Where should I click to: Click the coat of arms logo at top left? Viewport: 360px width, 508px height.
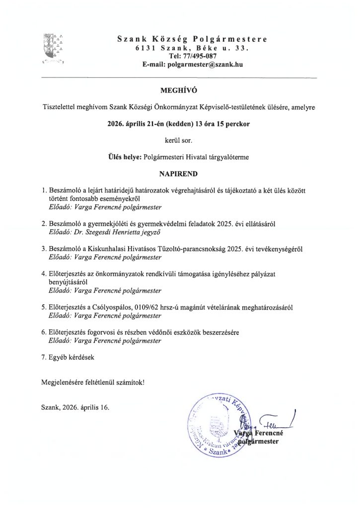point(54,48)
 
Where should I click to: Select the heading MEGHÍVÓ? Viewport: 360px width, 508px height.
point(179,91)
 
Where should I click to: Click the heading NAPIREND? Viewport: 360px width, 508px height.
point(179,175)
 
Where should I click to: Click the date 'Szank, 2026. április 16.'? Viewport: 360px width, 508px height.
point(74,408)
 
